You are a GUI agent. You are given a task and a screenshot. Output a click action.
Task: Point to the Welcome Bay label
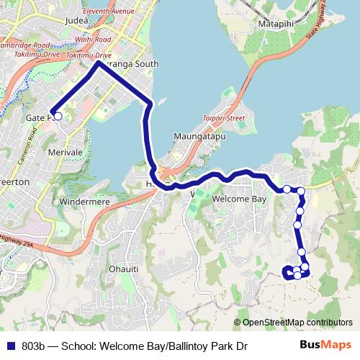coord(240,198)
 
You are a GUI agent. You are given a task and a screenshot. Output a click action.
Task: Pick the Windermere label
coord(85,202)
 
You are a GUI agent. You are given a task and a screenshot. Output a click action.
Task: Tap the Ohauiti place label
coord(123,269)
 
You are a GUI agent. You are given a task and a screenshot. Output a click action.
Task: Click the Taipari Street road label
coord(224,117)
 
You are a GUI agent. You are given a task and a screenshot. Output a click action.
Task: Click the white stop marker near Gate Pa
coord(58,116)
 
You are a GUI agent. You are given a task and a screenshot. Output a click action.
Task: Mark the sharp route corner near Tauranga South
coord(99,63)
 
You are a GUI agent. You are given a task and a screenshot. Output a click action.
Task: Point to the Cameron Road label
coord(32,143)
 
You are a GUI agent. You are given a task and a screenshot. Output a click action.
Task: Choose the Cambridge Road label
coord(24,45)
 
